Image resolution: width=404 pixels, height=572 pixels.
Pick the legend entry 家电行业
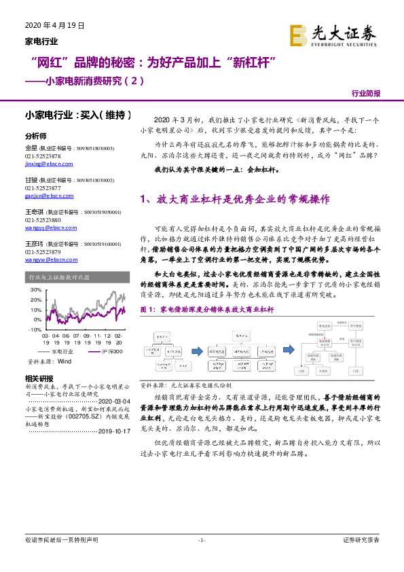61,352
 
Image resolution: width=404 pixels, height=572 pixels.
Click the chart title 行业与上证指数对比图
58,277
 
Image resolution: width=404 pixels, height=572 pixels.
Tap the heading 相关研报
38,378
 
